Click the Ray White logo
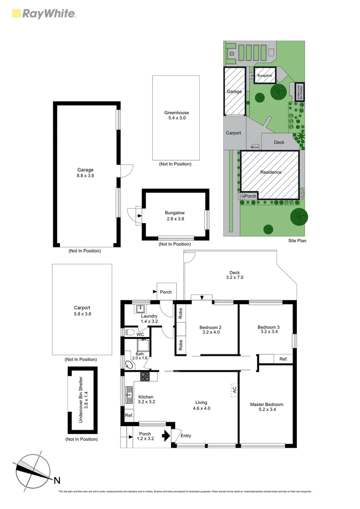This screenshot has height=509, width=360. (42, 13)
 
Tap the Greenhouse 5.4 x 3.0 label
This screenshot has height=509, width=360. (176, 115)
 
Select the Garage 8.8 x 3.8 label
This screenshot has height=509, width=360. (85, 173)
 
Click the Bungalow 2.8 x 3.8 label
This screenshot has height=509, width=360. (174, 215)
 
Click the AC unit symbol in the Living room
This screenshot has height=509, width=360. (233, 390)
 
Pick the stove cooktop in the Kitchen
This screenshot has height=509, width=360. (145, 376)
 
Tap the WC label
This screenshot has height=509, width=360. (140, 334)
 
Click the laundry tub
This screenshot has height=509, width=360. (140, 309)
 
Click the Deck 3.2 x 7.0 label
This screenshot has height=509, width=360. (235, 275)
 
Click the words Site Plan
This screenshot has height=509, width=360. (298, 240)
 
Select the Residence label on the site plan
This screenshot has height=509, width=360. (270, 172)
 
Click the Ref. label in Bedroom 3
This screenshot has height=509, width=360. (283, 359)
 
